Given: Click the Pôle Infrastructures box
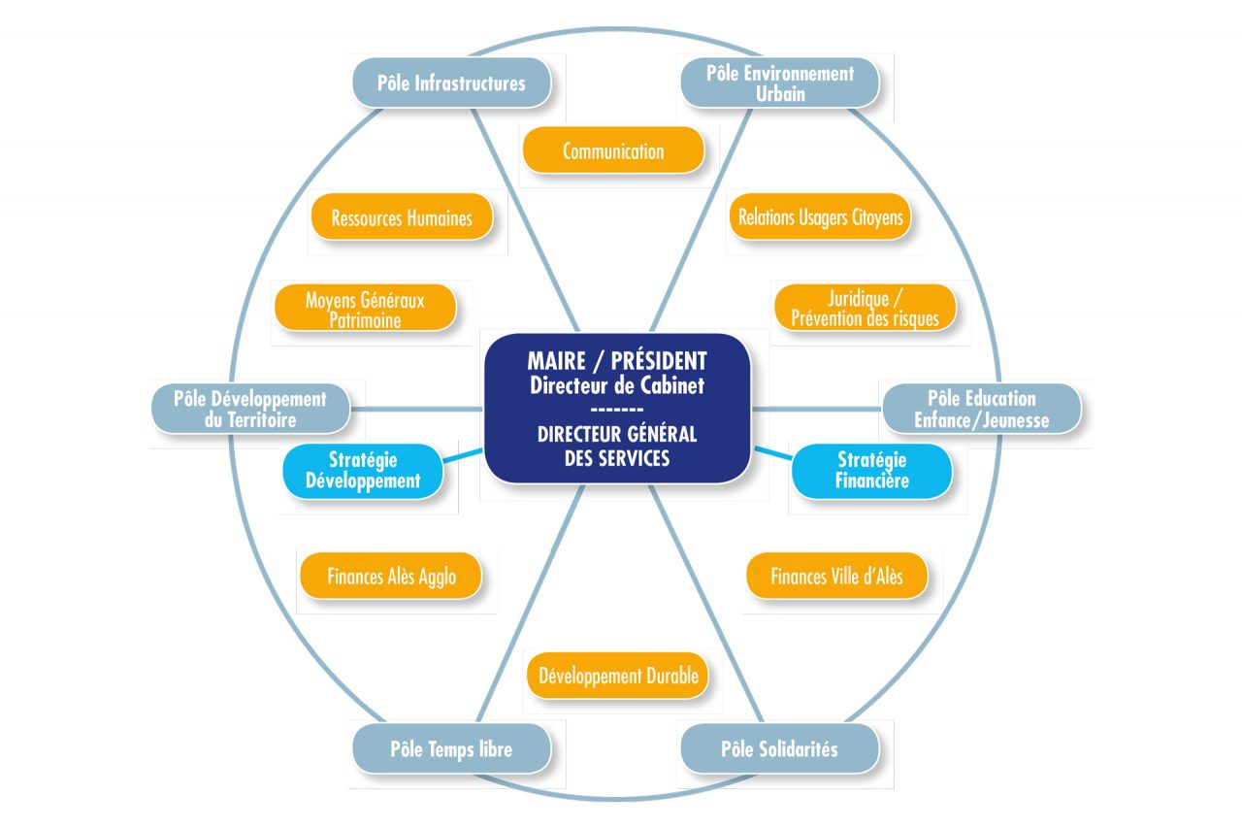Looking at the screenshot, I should pos(451,83).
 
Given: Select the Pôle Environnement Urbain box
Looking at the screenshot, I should pos(779,83).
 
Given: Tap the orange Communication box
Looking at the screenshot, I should pos(613,150).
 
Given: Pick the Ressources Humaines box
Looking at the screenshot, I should pos(402,217).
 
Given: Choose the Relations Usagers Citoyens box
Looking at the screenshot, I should pos(820,217).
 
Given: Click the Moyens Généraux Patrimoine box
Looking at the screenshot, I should pos(365,309).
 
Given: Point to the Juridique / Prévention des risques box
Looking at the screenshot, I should pos(865,308).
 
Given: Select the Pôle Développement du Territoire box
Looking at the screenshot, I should pos(250,409).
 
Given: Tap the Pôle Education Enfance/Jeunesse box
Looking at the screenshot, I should pos(981,409).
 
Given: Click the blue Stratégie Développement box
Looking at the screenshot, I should pos(363,470).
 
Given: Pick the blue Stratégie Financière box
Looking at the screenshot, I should pos(870,470).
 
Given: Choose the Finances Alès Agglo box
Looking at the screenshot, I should pos(391,577).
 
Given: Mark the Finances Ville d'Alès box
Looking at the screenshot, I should pos(836,576).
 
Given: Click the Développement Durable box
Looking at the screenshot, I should pos(618,676).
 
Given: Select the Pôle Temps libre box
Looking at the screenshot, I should pos(451,749).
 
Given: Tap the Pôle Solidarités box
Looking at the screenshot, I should pos(779,749).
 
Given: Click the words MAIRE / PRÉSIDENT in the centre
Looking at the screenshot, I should pos(617,360).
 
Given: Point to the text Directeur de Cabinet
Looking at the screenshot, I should pos(617,384).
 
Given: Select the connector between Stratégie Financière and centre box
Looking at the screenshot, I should pos(772,453).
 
